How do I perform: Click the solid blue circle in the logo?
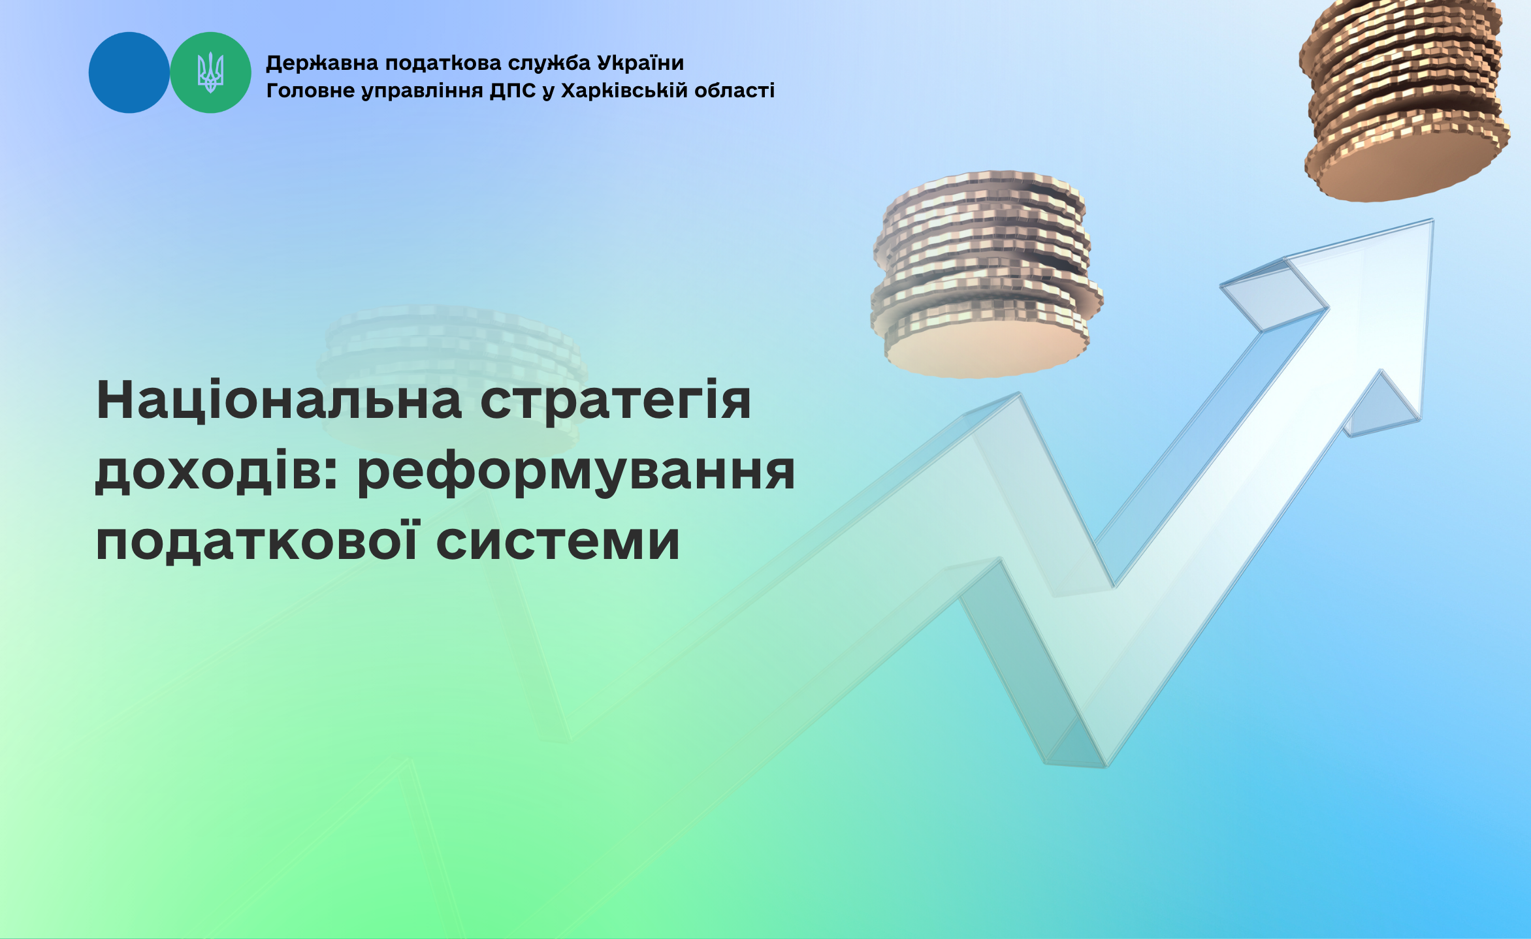click(x=129, y=72)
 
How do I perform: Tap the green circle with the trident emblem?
click(x=210, y=72)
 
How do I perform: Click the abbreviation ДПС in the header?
click(x=513, y=91)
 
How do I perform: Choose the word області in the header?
click(x=734, y=90)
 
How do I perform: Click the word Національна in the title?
click(x=279, y=401)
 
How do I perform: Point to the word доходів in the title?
click(x=216, y=471)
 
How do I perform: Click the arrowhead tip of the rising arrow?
click(x=1433, y=220)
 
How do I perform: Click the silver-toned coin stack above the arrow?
click(x=986, y=274)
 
